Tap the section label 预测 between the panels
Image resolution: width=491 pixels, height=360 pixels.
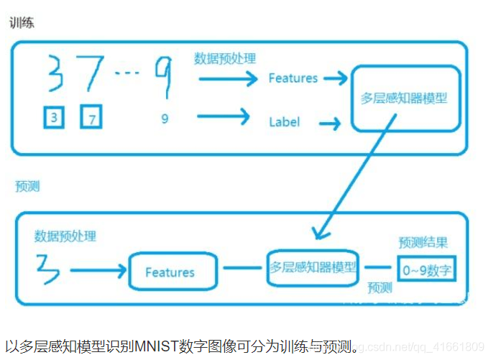point(27,186)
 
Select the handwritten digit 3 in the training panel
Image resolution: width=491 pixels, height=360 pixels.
point(54,75)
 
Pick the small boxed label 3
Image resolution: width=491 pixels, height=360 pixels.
point(54,117)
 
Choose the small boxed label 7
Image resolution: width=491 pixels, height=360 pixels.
point(92,118)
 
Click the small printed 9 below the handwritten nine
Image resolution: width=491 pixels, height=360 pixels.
point(165,119)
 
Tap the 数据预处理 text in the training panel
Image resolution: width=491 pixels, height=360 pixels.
point(224,58)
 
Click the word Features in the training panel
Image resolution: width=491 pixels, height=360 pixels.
point(293,78)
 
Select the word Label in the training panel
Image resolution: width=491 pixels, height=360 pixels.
point(284,122)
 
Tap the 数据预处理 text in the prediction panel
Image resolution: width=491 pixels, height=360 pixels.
point(65,236)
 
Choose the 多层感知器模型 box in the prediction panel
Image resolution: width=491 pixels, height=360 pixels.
point(313,266)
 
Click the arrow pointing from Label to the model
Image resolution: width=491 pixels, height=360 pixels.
point(329,124)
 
